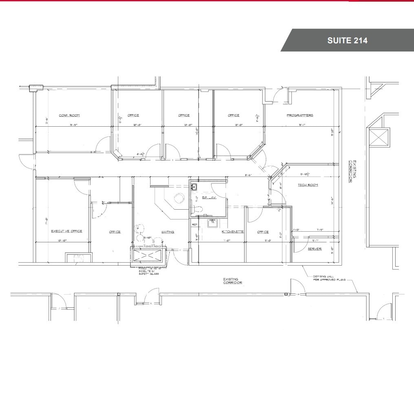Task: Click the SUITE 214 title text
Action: coord(347,40)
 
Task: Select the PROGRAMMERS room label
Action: coord(300,116)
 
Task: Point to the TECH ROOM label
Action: coord(308,186)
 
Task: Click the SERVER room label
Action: coord(314,249)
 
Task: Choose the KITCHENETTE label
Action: coord(232,232)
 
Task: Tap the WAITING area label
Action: coord(167,232)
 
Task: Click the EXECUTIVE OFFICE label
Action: coord(66,231)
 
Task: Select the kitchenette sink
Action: coord(212,223)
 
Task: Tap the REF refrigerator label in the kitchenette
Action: coord(195,225)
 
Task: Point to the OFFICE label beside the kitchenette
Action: coord(263,232)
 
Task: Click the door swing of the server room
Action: coord(299,246)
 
